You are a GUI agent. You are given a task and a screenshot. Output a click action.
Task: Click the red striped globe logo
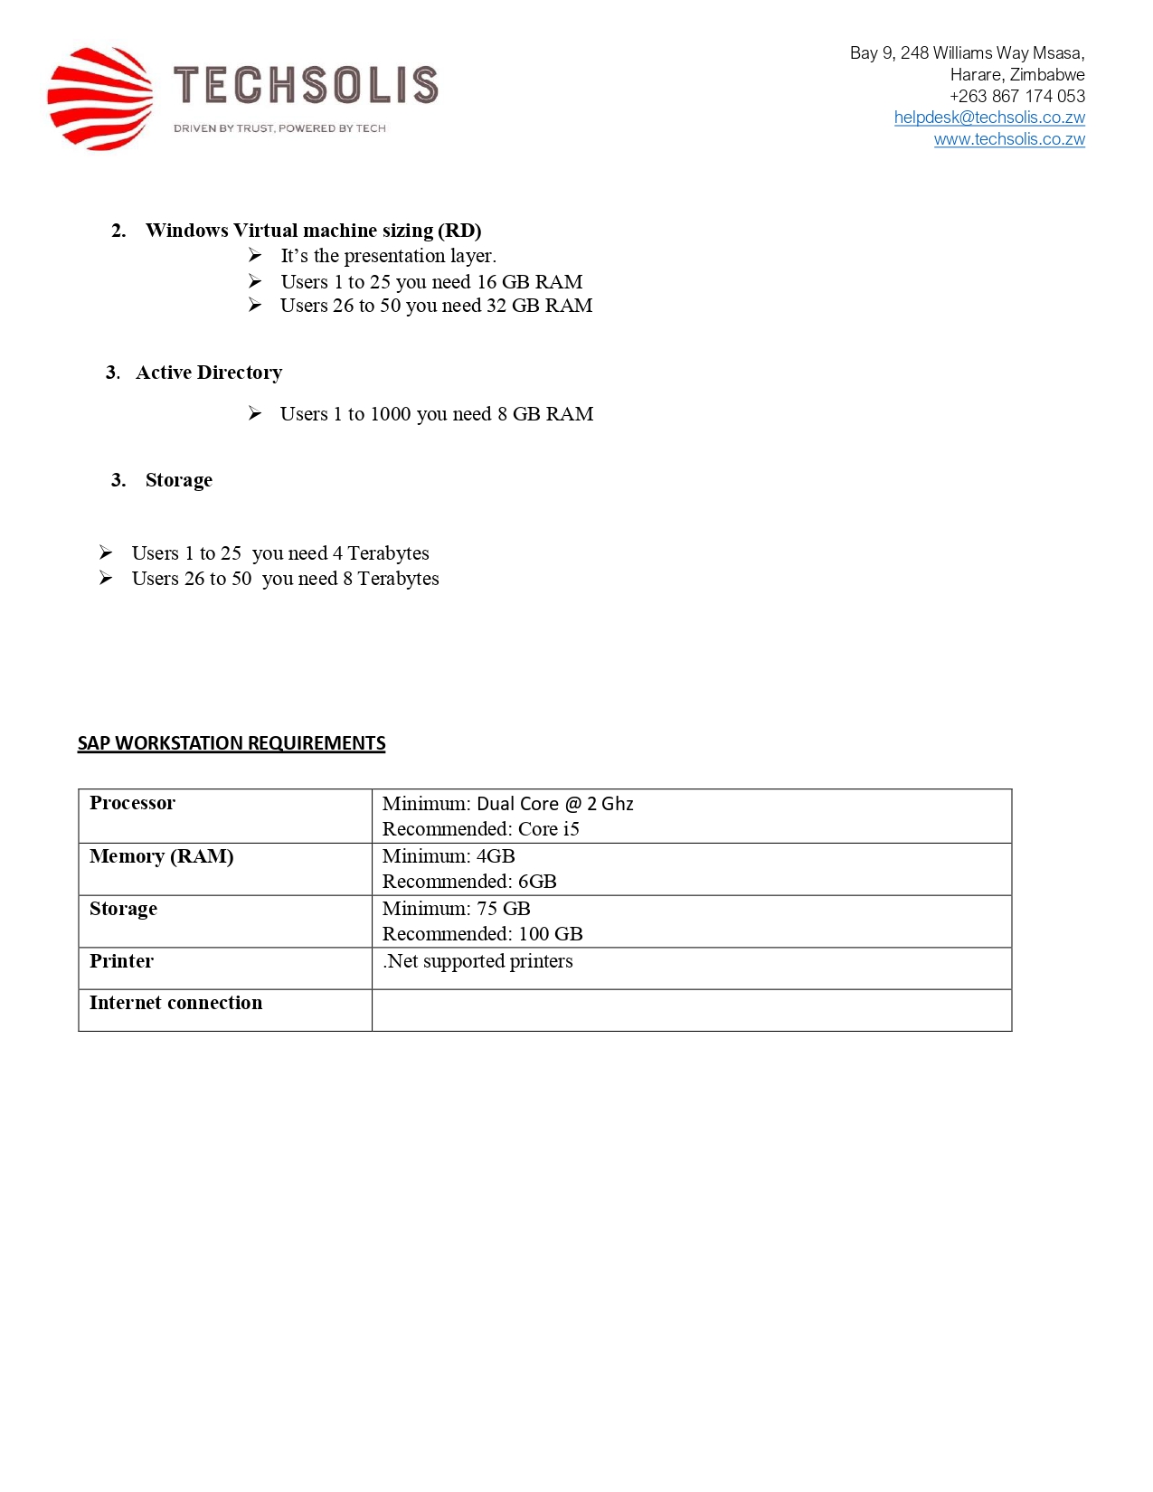coord(99,99)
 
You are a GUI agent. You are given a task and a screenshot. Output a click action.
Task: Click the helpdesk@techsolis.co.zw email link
coord(988,118)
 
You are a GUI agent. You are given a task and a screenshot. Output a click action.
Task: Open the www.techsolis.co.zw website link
coord(1008,139)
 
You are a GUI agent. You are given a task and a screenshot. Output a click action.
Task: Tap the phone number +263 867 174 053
coord(1016,96)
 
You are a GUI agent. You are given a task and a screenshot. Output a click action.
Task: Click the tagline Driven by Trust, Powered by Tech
coord(279,128)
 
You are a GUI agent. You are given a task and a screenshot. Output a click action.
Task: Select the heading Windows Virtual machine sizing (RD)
coord(313,231)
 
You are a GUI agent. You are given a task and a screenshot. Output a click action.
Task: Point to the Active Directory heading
coord(209,373)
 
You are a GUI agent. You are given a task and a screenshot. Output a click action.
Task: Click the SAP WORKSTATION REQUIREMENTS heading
coord(232,743)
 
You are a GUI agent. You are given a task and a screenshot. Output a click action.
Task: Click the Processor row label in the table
coord(132,803)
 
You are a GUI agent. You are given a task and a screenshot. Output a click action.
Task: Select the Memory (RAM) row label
coord(161,856)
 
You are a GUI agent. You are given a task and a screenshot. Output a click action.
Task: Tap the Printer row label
coord(121,961)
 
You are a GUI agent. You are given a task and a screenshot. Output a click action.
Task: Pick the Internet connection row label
coord(175,1003)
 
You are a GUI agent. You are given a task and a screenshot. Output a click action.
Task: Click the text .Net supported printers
coord(477,961)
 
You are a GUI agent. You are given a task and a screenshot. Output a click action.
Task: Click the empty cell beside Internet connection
coord(691,1010)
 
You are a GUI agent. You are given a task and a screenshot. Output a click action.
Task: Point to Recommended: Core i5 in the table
coord(480,829)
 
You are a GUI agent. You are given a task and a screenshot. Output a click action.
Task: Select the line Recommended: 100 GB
coord(482,934)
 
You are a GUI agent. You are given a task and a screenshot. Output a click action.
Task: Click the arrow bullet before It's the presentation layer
coord(255,256)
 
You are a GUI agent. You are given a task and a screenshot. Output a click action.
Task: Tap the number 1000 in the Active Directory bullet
coord(391,414)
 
